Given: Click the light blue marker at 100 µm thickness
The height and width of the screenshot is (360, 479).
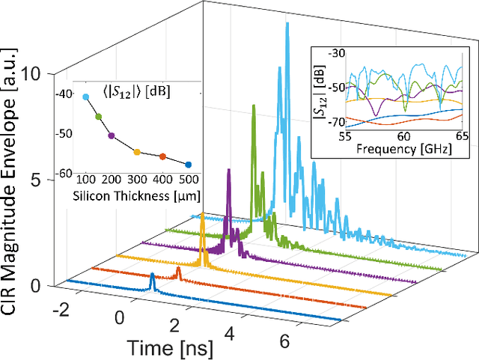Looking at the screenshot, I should [85, 97].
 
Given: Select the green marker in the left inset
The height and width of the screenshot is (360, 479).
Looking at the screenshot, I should [98, 116].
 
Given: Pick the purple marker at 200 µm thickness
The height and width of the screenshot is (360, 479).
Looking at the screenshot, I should [112, 135].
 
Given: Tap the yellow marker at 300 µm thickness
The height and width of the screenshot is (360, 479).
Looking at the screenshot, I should [137, 152].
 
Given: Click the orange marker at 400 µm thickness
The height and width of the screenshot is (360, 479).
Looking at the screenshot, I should [162, 156].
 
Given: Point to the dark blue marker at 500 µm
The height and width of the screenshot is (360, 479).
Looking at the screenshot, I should [188, 164].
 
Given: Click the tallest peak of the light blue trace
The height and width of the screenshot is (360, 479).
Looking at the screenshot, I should [287, 24].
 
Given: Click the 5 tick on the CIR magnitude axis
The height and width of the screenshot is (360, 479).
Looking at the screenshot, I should [46, 180].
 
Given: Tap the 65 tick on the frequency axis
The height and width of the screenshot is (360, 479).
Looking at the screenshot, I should [463, 137].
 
